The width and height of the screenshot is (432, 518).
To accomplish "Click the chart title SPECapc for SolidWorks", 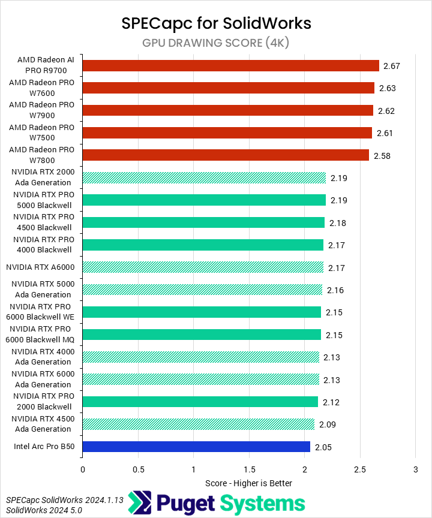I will point(216,23).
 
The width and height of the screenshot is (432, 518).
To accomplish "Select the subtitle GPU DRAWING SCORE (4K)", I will point(216,43).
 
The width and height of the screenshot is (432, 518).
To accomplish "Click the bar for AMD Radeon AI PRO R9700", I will point(230,65).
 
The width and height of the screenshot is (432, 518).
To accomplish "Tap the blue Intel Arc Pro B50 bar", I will point(196,447).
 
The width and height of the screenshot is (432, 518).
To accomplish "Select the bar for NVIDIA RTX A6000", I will point(203,267).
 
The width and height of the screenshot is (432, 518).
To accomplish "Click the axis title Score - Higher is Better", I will point(248,483).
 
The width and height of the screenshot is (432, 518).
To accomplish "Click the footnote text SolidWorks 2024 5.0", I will point(44,510).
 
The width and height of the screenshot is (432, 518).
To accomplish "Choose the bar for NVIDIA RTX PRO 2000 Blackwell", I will point(200,402).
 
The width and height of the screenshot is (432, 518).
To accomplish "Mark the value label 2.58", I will point(383,155).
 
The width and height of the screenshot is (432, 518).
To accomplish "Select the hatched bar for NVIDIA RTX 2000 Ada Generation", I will point(204,177).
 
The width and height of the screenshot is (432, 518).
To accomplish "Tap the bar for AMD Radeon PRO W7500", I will point(227,132).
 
